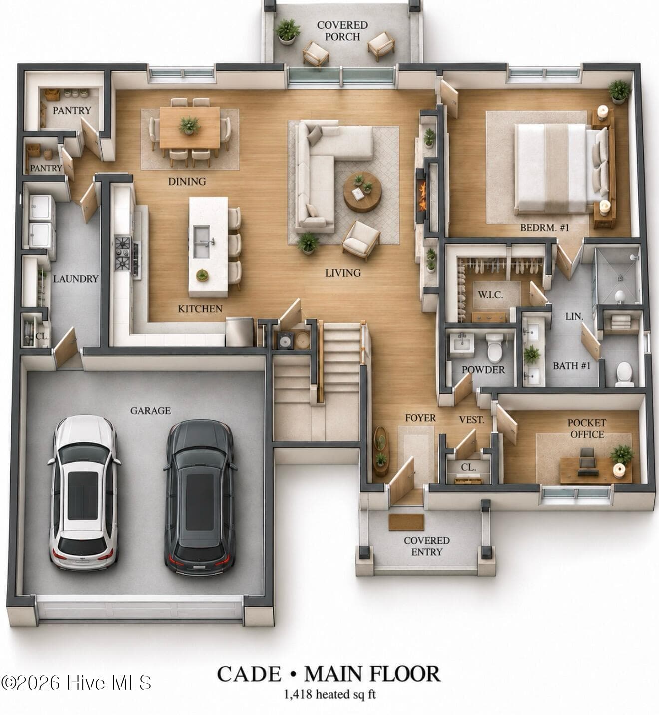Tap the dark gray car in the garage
coord(200,497)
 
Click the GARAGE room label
coord(151,411)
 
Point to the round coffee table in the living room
coord(362,192)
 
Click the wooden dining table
coord(189,127)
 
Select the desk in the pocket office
coord(596,470)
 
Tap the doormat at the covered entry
coord(406,522)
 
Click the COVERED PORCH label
coord(342,31)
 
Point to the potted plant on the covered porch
coord(288,31)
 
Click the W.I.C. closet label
coord(490,295)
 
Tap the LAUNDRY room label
coord(76,279)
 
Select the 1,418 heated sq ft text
coord(330,694)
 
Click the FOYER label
coord(420,418)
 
